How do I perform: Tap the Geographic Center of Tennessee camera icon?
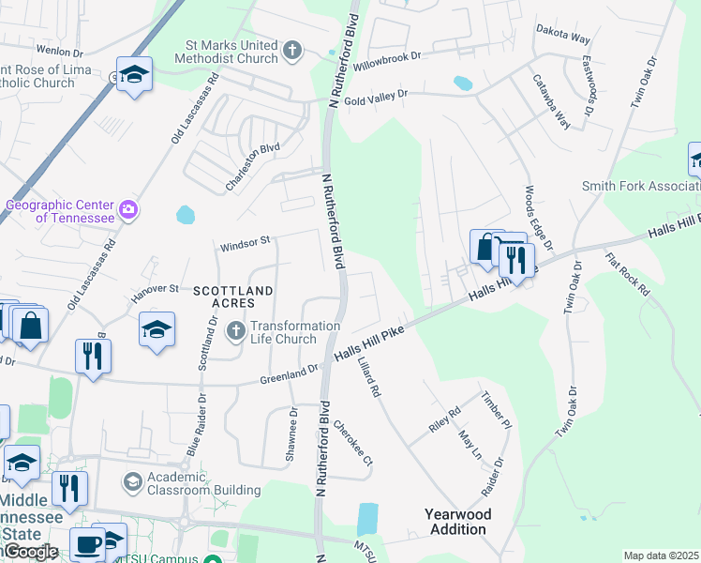[x=128, y=208]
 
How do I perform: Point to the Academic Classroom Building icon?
[x=132, y=482]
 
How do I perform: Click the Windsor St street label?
[x=245, y=245]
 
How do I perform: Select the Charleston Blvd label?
[x=253, y=167]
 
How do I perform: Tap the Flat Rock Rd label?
[x=627, y=274]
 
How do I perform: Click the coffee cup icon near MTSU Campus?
[x=89, y=543]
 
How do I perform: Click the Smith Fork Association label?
[x=641, y=187]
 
